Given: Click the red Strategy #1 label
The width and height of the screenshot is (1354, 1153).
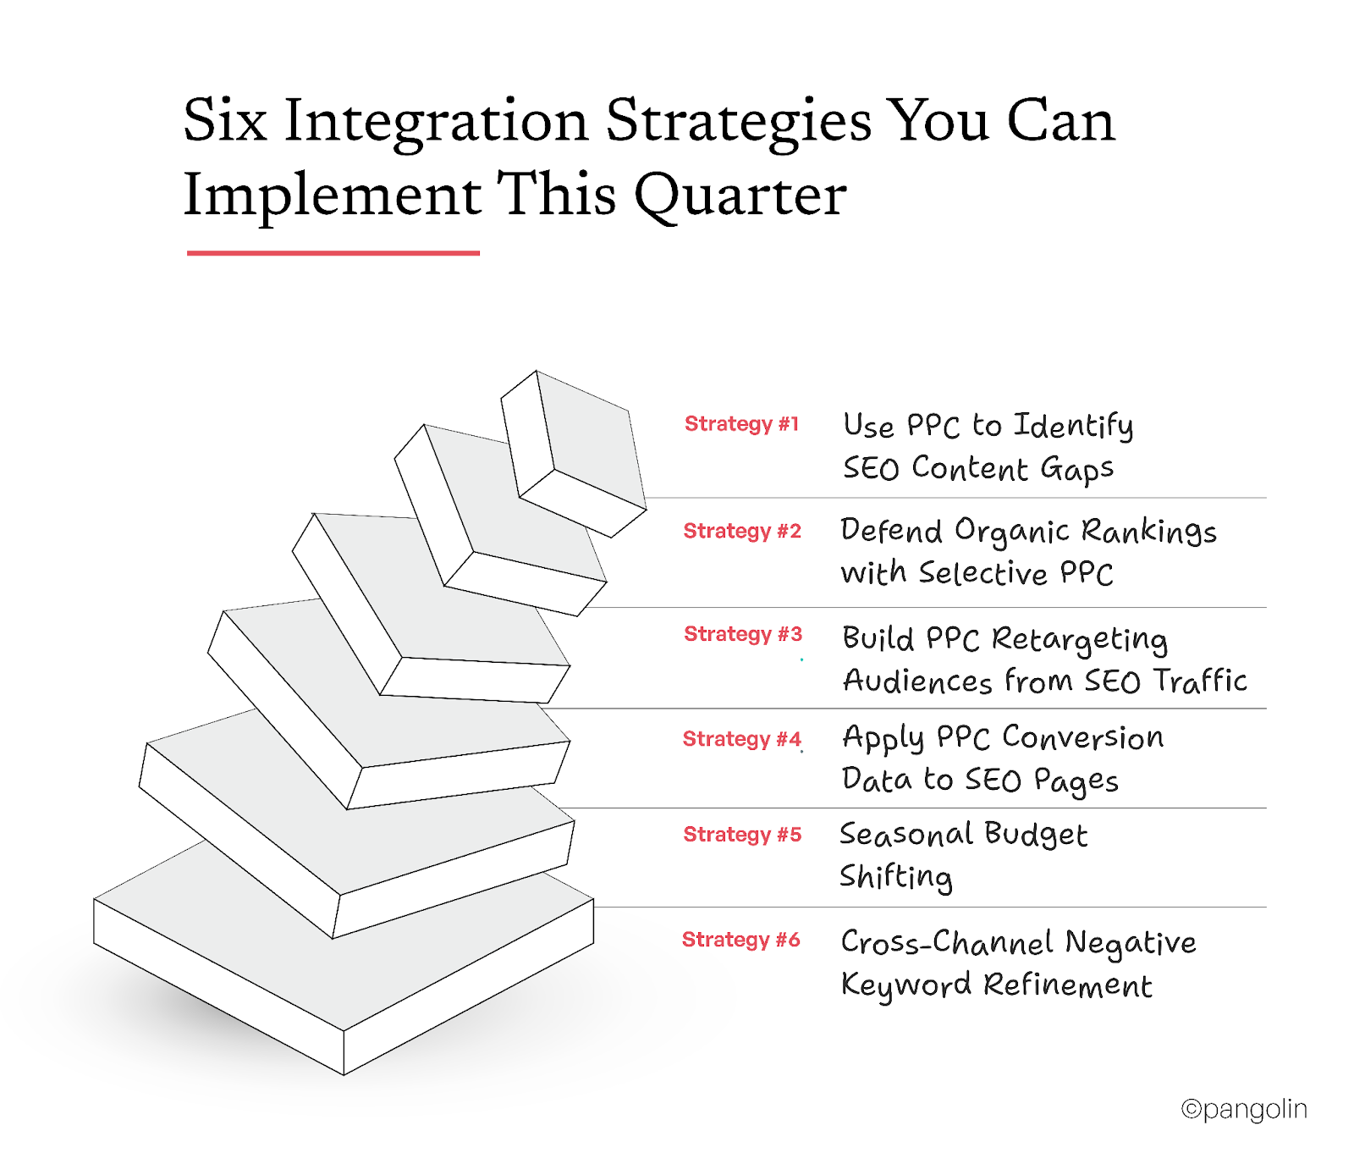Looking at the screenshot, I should pos(741,424).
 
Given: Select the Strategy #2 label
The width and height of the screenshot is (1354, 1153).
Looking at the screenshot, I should pos(742,531).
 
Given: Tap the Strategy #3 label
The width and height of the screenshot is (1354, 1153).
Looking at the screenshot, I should pos(742,634).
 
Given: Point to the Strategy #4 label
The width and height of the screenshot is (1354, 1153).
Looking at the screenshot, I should pos(741,739).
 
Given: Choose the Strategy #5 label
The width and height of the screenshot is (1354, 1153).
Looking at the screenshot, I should pos(742,835).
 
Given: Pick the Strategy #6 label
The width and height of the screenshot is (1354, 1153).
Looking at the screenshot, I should pos(740,940).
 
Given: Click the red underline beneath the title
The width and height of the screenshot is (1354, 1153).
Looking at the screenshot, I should pos(333,252).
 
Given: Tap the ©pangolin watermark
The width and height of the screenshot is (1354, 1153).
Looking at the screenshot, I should pos(1243,1109).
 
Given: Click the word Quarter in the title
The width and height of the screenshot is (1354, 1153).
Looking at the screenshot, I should pos(740,196).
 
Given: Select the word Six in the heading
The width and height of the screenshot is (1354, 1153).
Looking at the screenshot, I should pos(225,121).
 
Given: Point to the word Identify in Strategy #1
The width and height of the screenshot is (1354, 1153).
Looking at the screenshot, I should pos(1073,426).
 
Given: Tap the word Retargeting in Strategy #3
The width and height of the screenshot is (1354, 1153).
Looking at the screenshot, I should pos(1079,640).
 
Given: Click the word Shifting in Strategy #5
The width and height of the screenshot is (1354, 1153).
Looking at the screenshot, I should pos(895,877).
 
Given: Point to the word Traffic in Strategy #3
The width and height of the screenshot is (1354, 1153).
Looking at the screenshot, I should pos(1200,681).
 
